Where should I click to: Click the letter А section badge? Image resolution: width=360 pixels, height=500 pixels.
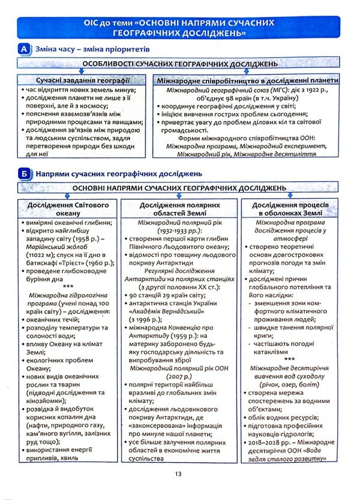coord(25,47)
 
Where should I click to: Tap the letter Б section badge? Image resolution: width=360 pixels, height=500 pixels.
coord(25,174)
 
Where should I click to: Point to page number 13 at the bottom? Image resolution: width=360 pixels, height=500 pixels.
coord(179,474)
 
